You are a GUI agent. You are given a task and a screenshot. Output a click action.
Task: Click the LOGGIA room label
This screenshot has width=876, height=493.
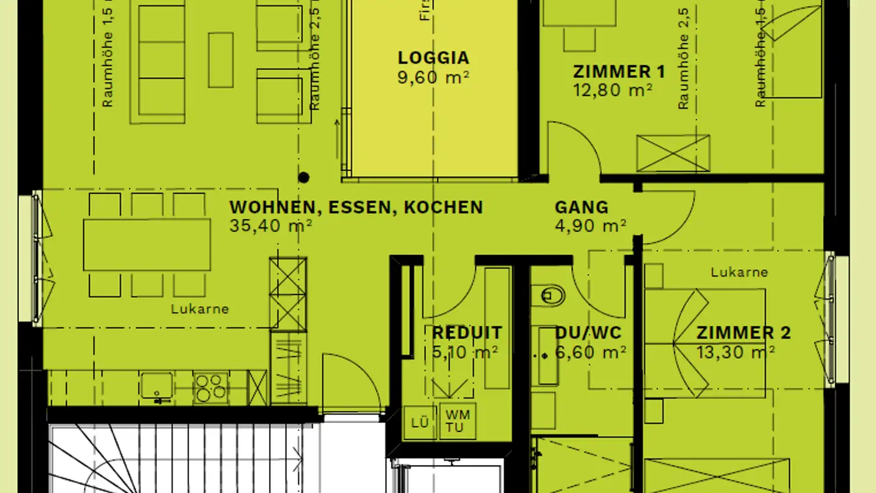tap(433, 58)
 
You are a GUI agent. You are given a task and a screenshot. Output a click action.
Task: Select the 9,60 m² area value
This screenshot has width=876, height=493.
tap(433, 77)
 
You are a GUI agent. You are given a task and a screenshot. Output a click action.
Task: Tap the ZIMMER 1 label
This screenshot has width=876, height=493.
tap(619, 72)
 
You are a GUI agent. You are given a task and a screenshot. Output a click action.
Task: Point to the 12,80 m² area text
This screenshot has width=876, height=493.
tap(613, 91)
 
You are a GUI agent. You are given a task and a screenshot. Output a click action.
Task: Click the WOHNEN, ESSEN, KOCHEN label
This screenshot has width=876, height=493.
tap(356, 208)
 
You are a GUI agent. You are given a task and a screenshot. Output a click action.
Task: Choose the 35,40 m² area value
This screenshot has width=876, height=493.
tap(271, 226)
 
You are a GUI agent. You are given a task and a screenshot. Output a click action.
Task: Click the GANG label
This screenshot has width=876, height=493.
tap(581, 208)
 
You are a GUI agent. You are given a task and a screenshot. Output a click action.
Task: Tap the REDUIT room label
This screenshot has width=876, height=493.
tap(467, 334)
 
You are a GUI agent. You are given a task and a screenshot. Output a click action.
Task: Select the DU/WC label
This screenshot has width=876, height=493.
tap(588, 334)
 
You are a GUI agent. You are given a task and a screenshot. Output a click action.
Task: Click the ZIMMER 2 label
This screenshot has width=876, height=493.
tap(743, 334)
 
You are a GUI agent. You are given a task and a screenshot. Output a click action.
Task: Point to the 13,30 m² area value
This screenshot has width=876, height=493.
tap(735, 352)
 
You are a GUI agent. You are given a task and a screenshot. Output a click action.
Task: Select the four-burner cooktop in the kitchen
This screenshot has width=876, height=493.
tap(210, 387)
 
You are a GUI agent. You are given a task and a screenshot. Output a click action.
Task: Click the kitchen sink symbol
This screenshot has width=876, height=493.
tap(157, 386)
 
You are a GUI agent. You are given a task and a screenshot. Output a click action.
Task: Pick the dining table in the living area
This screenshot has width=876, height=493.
tap(147, 245)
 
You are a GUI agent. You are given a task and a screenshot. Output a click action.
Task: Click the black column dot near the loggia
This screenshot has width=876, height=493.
tap(304, 178)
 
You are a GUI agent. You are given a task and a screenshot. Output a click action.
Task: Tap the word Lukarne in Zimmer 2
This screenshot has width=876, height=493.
tap(739, 273)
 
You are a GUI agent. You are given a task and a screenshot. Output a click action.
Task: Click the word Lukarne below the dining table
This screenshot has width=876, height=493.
tap(200, 309)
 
